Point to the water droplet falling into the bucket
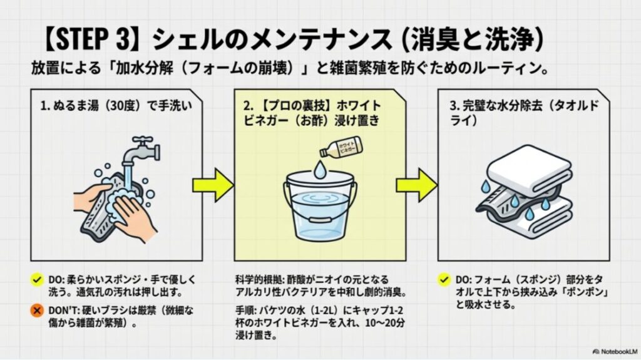click(x=320, y=168)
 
